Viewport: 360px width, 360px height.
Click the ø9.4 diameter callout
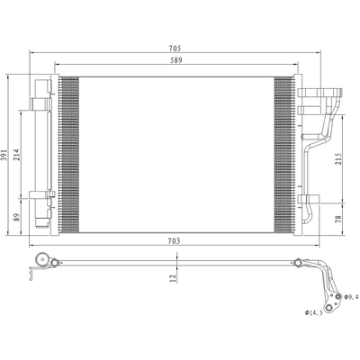[350, 297]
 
